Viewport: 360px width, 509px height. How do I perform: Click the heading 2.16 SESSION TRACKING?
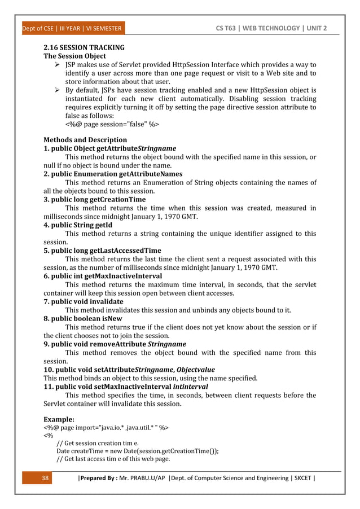coord(84,47)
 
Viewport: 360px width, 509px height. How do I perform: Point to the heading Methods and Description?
coord(85,139)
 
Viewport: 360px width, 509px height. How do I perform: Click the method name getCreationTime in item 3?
coord(118,199)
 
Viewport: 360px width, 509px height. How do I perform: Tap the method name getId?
coord(103,225)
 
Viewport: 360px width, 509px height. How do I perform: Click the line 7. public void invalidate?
coord(83,301)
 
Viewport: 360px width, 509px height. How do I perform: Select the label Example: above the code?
coord(59,420)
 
